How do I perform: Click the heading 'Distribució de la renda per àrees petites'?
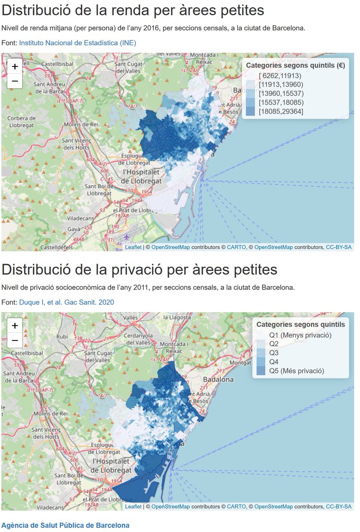(x=133, y=10)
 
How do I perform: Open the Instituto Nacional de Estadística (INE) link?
(x=78, y=43)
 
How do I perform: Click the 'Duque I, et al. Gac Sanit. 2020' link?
(x=67, y=302)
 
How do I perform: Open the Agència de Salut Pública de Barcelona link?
(x=66, y=525)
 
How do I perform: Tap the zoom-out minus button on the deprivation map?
(x=15, y=340)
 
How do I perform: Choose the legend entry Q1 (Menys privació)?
(x=300, y=335)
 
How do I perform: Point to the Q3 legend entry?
(x=274, y=353)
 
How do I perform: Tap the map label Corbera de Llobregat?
(x=21, y=121)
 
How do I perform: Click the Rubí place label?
(x=62, y=336)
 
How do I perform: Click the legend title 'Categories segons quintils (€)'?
(x=295, y=65)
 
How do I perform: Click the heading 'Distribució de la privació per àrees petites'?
(x=139, y=270)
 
